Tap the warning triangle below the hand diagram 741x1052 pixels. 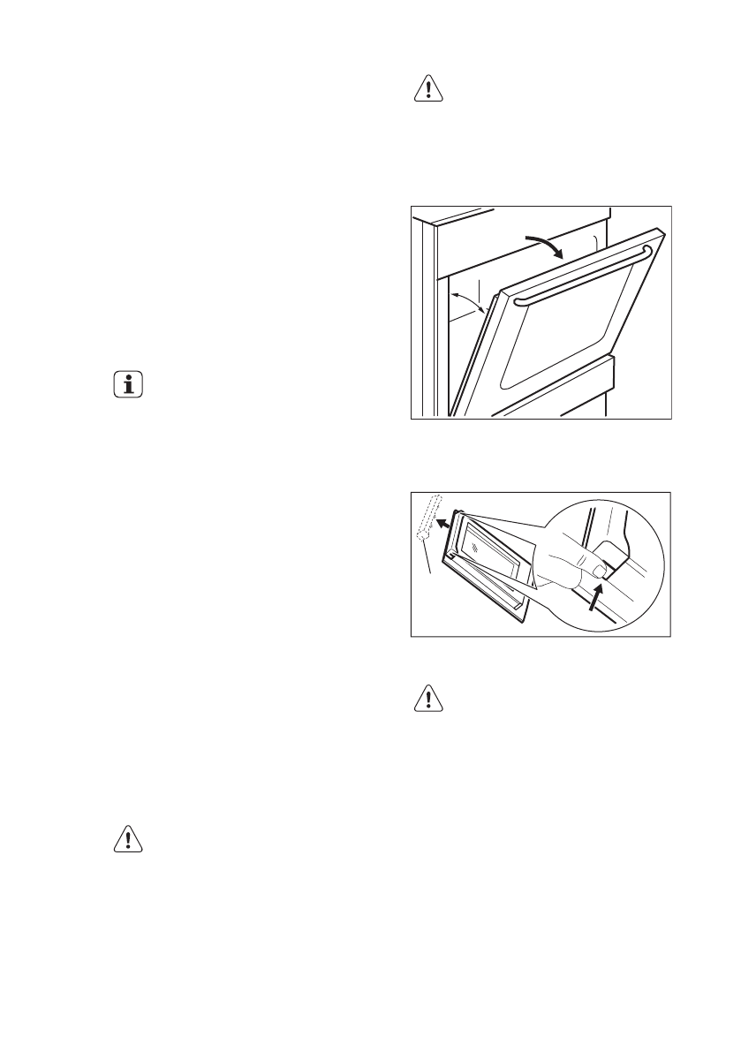pyautogui.click(x=428, y=700)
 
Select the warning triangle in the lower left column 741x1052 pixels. pyautogui.click(x=128, y=840)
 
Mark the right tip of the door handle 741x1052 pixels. pyautogui.click(x=650, y=253)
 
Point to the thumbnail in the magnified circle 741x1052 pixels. pyautogui.click(x=601, y=572)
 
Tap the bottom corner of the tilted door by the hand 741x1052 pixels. pyautogui.click(x=522, y=615)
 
